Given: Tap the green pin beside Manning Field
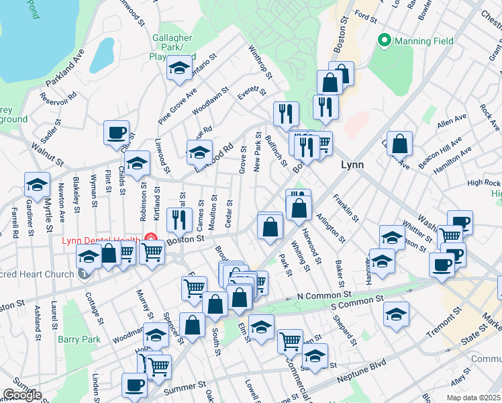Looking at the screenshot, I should point(385,41).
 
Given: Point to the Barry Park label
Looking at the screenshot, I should point(79,339).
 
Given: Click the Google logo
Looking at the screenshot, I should point(22,395).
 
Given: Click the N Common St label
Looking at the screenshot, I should point(324,295).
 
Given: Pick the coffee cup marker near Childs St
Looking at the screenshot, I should point(116,132).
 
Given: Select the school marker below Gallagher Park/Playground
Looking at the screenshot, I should point(179,68).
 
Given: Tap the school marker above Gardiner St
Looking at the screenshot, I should point(37,184).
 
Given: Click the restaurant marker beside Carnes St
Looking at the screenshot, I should point(179,219).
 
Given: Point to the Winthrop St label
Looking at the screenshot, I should point(259,61).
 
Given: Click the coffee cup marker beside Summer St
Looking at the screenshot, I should point(134,385).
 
